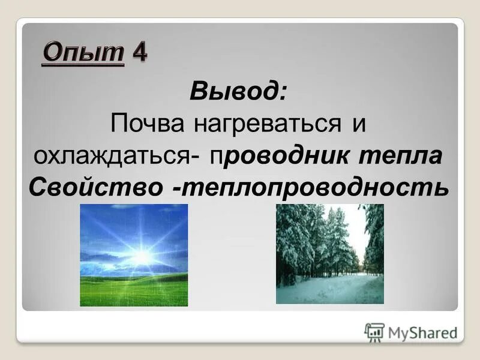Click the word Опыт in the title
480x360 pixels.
[83, 53]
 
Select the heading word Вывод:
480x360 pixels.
[239, 94]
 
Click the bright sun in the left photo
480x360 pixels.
[142, 257]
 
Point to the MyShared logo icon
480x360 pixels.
[374, 332]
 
